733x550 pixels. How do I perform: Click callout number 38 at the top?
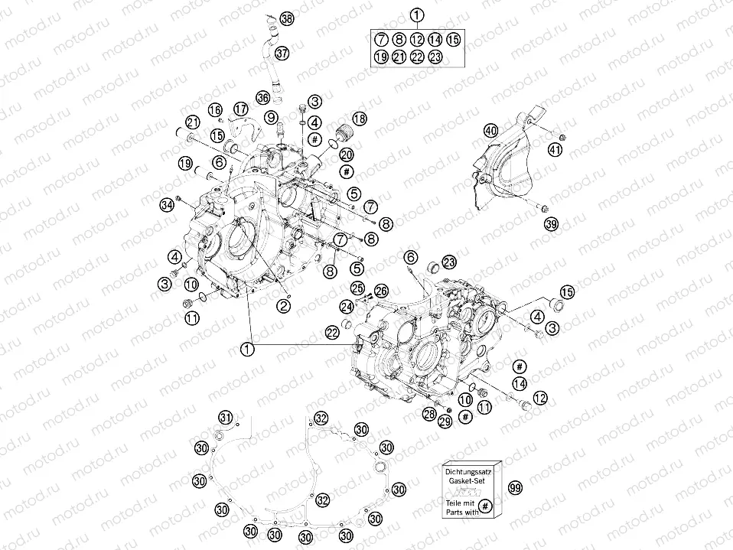[x=286, y=18]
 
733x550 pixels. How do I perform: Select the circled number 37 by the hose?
[x=282, y=53]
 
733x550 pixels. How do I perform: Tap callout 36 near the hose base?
[x=263, y=98]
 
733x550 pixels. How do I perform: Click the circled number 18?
[x=359, y=119]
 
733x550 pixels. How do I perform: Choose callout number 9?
[x=271, y=116]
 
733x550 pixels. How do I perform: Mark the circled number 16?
[x=215, y=110]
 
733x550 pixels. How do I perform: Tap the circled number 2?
[x=283, y=306]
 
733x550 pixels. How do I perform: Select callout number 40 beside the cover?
[x=490, y=131]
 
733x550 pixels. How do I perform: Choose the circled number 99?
[x=515, y=488]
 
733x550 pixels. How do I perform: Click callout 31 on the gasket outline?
[x=226, y=417]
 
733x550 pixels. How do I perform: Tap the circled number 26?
[x=381, y=289]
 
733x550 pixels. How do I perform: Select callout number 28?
[x=430, y=413]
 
